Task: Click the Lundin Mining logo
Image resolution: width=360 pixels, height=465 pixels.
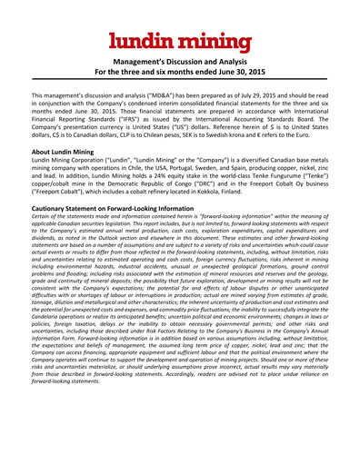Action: (x=179, y=40)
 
